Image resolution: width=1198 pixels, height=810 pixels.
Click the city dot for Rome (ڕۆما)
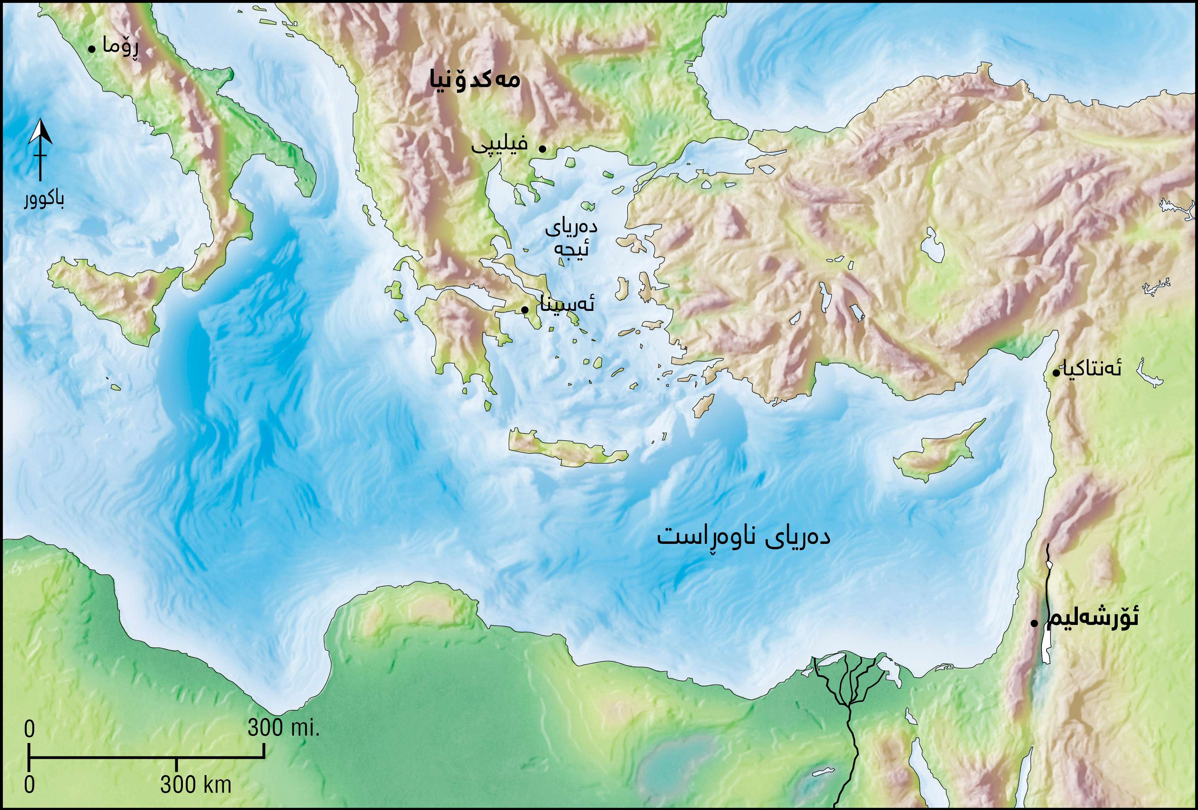coord(91,49)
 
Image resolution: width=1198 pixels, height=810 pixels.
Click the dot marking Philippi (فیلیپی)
coord(542,148)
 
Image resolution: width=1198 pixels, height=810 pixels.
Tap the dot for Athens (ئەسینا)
coord(524,309)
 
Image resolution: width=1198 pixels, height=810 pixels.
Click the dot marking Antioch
coord(1055,372)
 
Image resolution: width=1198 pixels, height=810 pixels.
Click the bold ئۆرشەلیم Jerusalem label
coord(1092,617)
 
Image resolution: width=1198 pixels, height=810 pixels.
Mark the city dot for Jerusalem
coord(1034,623)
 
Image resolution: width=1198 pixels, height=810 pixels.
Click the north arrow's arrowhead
coord(40,131)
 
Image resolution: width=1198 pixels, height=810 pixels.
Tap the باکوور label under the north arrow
coord(44,200)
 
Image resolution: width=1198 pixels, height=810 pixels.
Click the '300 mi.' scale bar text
coord(284,728)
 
